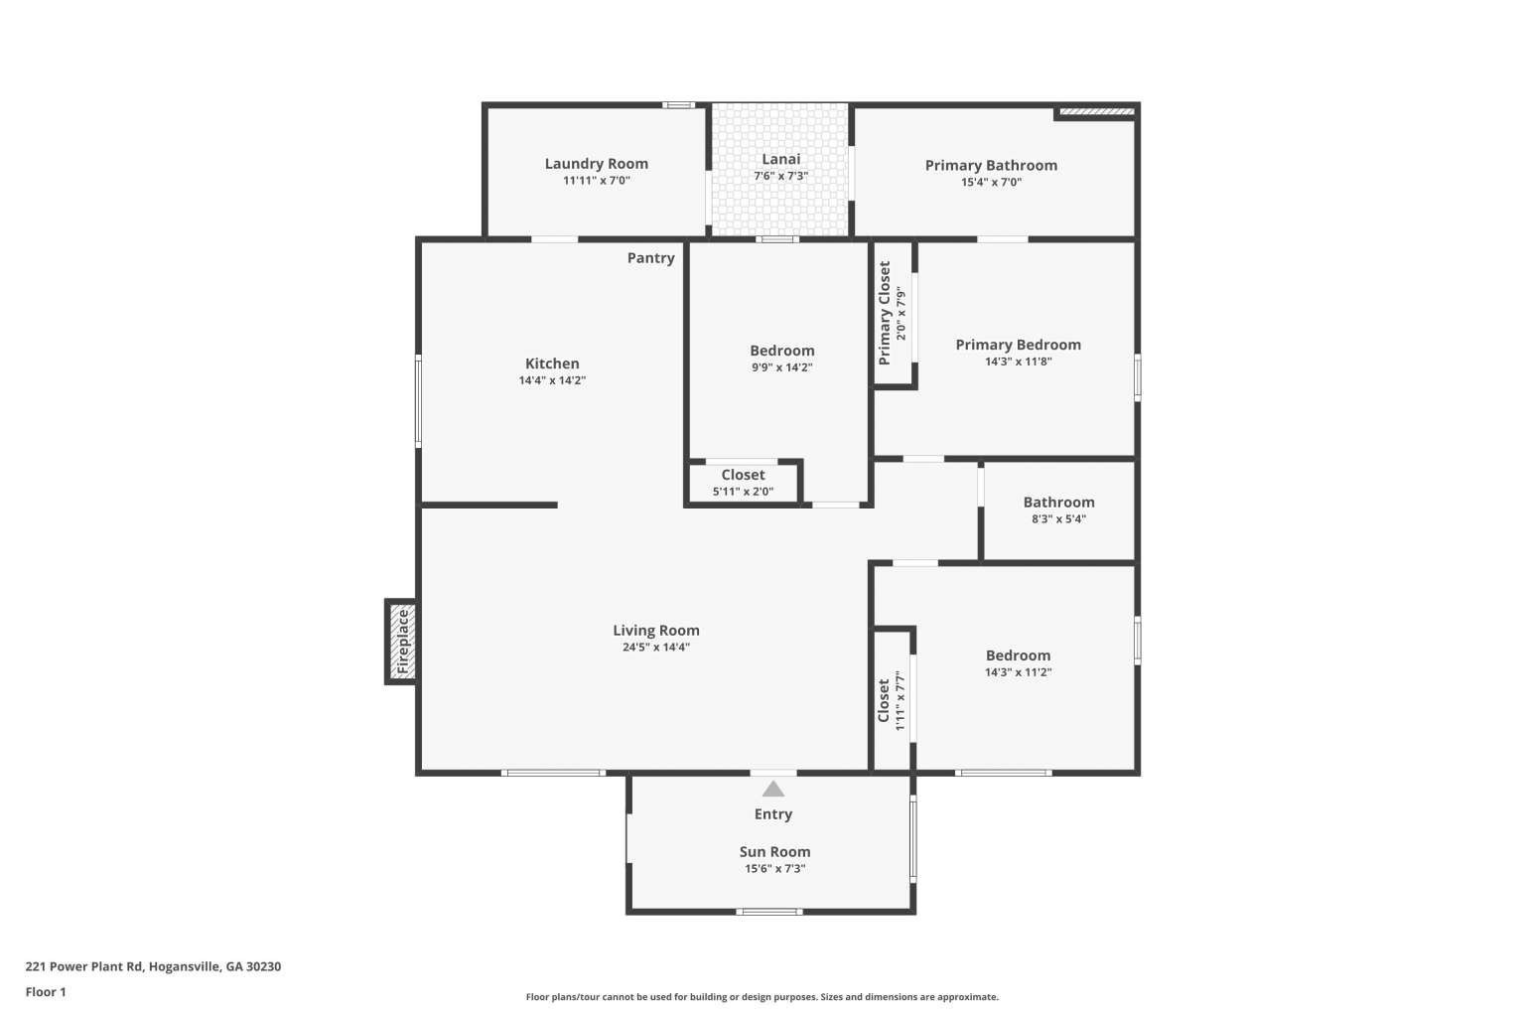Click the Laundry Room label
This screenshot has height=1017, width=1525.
pyautogui.click(x=596, y=164)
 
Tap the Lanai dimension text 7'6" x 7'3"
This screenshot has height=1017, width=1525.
pyautogui.click(x=781, y=176)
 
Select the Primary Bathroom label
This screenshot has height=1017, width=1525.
pyautogui.click(x=991, y=166)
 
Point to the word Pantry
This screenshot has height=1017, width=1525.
pyautogui.click(x=651, y=258)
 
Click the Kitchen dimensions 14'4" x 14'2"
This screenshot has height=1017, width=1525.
pyautogui.click(x=552, y=380)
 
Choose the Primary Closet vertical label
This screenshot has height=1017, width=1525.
pyautogui.click(x=885, y=313)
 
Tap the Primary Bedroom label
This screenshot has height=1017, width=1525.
pyautogui.click(x=1018, y=345)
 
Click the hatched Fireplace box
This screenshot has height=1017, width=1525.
pyautogui.click(x=402, y=642)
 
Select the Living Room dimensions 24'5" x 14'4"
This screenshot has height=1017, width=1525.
pyautogui.click(x=655, y=648)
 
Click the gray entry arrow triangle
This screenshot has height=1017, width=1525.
pyautogui.click(x=772, y=790)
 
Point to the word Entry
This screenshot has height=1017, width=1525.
pyautogui.click(x=772, y=814)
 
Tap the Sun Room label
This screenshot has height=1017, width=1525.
pyautogui.click(x=774, y=851)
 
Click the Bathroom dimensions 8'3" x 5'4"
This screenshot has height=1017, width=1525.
pyautogui.click(x=1058, y=519)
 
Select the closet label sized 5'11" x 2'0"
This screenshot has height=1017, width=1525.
pyautogui.click(x=743, y=475)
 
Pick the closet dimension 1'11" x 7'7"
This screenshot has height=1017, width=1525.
pyautogui.click(x=900, y=701)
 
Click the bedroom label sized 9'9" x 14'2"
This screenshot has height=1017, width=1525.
pyautogui.click(x=781, y=351)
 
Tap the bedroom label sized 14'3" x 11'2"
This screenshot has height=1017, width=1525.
pyautogui.click(x=1018, y=655)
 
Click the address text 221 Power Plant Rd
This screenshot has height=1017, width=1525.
pyautogui.click(x=83, y=966)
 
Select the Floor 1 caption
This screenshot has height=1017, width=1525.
pyautogui.click(x=46, y=992)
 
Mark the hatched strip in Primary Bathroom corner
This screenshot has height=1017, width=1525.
pyautogui.click(x=1097, y=111)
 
